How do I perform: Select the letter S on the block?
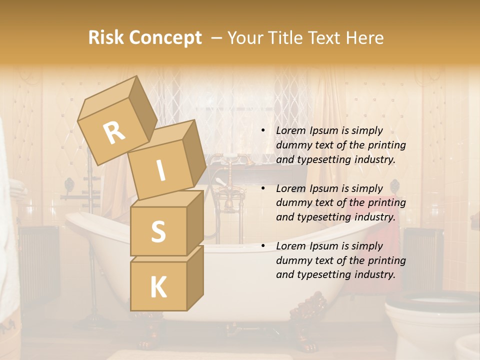click(158, 231)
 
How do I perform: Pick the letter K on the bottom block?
click(158, 287)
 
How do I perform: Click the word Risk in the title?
click(105, 38)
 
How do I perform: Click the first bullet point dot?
click(263, 130)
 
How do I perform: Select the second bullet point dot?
click(263, 188)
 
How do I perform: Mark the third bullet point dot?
click(263, 246)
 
